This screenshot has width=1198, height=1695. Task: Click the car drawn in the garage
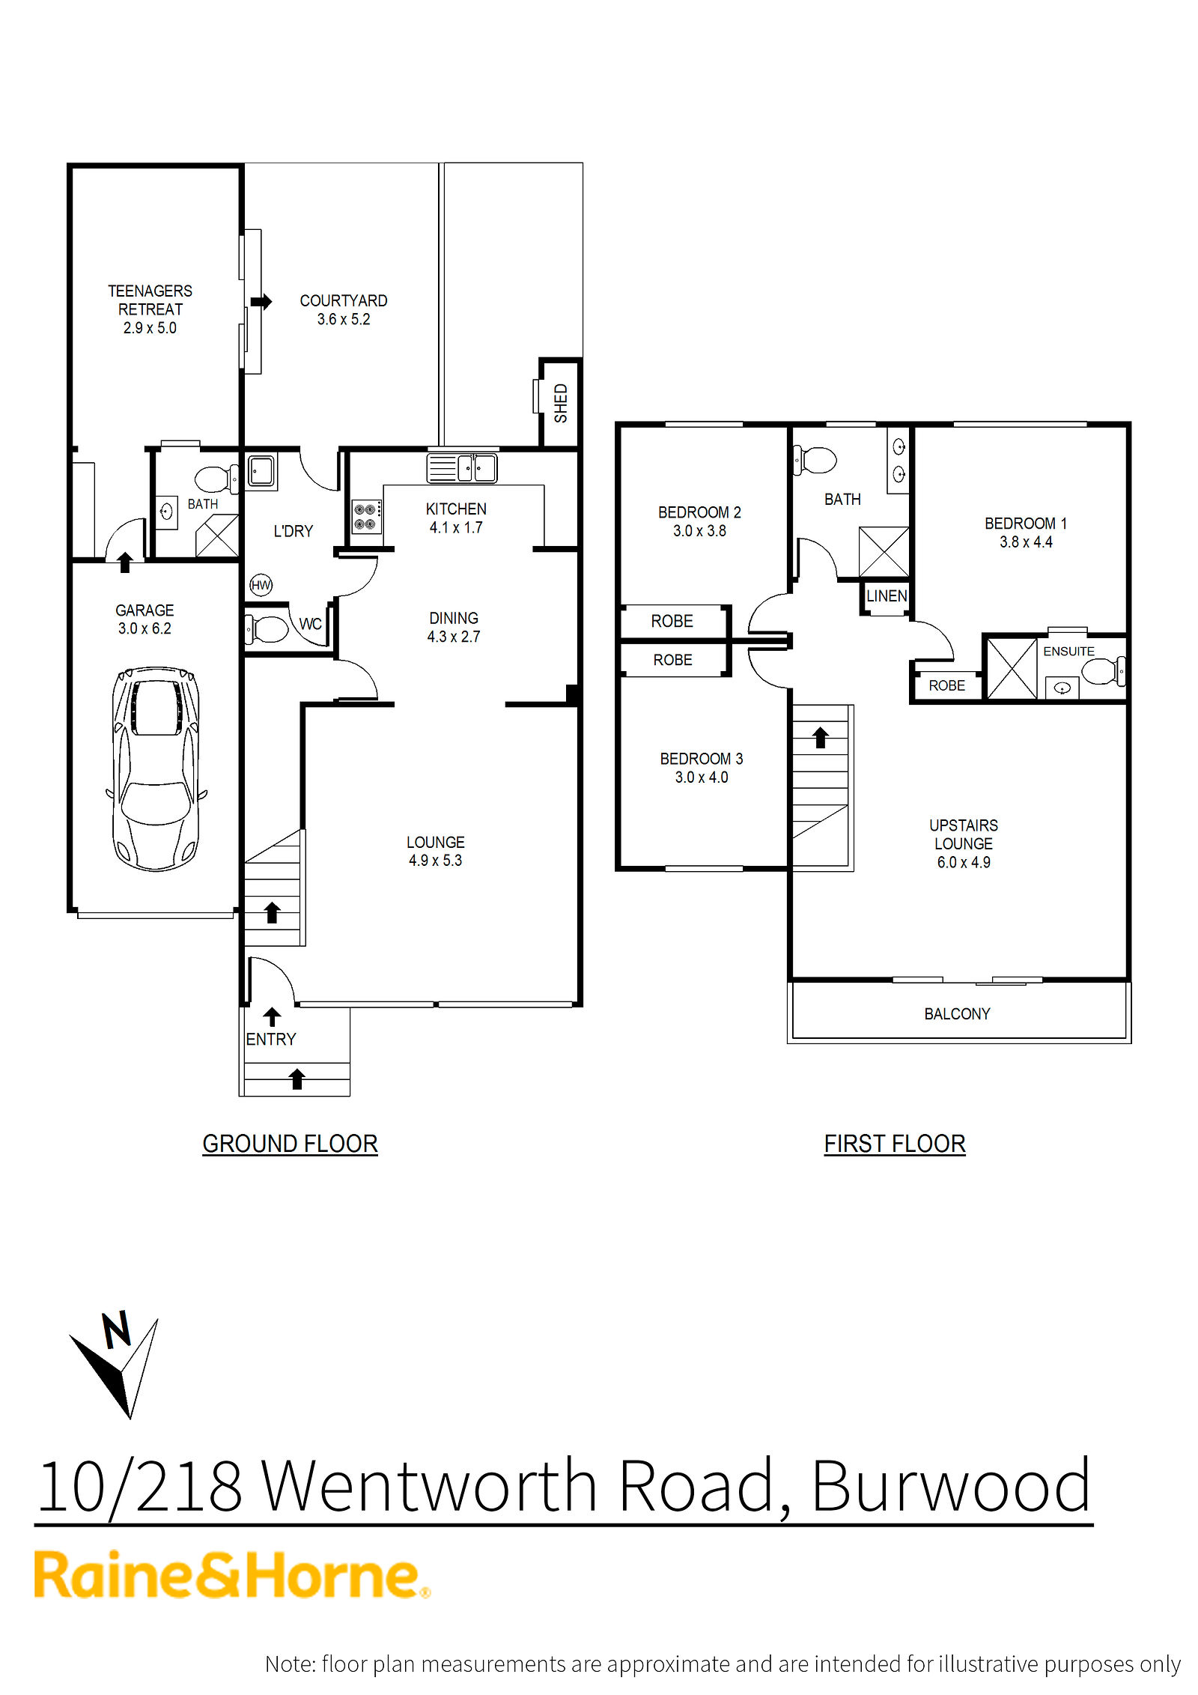pos(156,768)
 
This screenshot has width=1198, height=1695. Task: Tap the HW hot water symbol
pos(261,585)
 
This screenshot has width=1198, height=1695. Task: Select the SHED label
pos(561,403)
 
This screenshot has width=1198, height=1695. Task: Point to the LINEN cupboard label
pos(887,596)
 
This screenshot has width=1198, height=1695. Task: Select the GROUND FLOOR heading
pos(290,1144)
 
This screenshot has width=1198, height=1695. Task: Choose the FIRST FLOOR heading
pos(895,1144)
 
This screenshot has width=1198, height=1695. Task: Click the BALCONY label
pos(957,1014)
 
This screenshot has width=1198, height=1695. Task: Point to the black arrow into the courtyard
pos(261,301)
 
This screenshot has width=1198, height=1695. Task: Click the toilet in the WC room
pos(266,629)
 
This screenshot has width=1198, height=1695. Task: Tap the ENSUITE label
pos(1068,652)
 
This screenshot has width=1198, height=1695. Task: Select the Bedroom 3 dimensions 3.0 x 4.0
pos(702,777)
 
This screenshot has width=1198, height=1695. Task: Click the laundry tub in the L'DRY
pos(261,470)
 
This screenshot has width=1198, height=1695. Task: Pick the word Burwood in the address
pos(951,1487)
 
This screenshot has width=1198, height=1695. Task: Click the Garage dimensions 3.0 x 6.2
pos(145,629)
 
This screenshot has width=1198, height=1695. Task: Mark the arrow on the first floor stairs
pos(821,737)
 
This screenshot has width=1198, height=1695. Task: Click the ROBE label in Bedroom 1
pos(946,685)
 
